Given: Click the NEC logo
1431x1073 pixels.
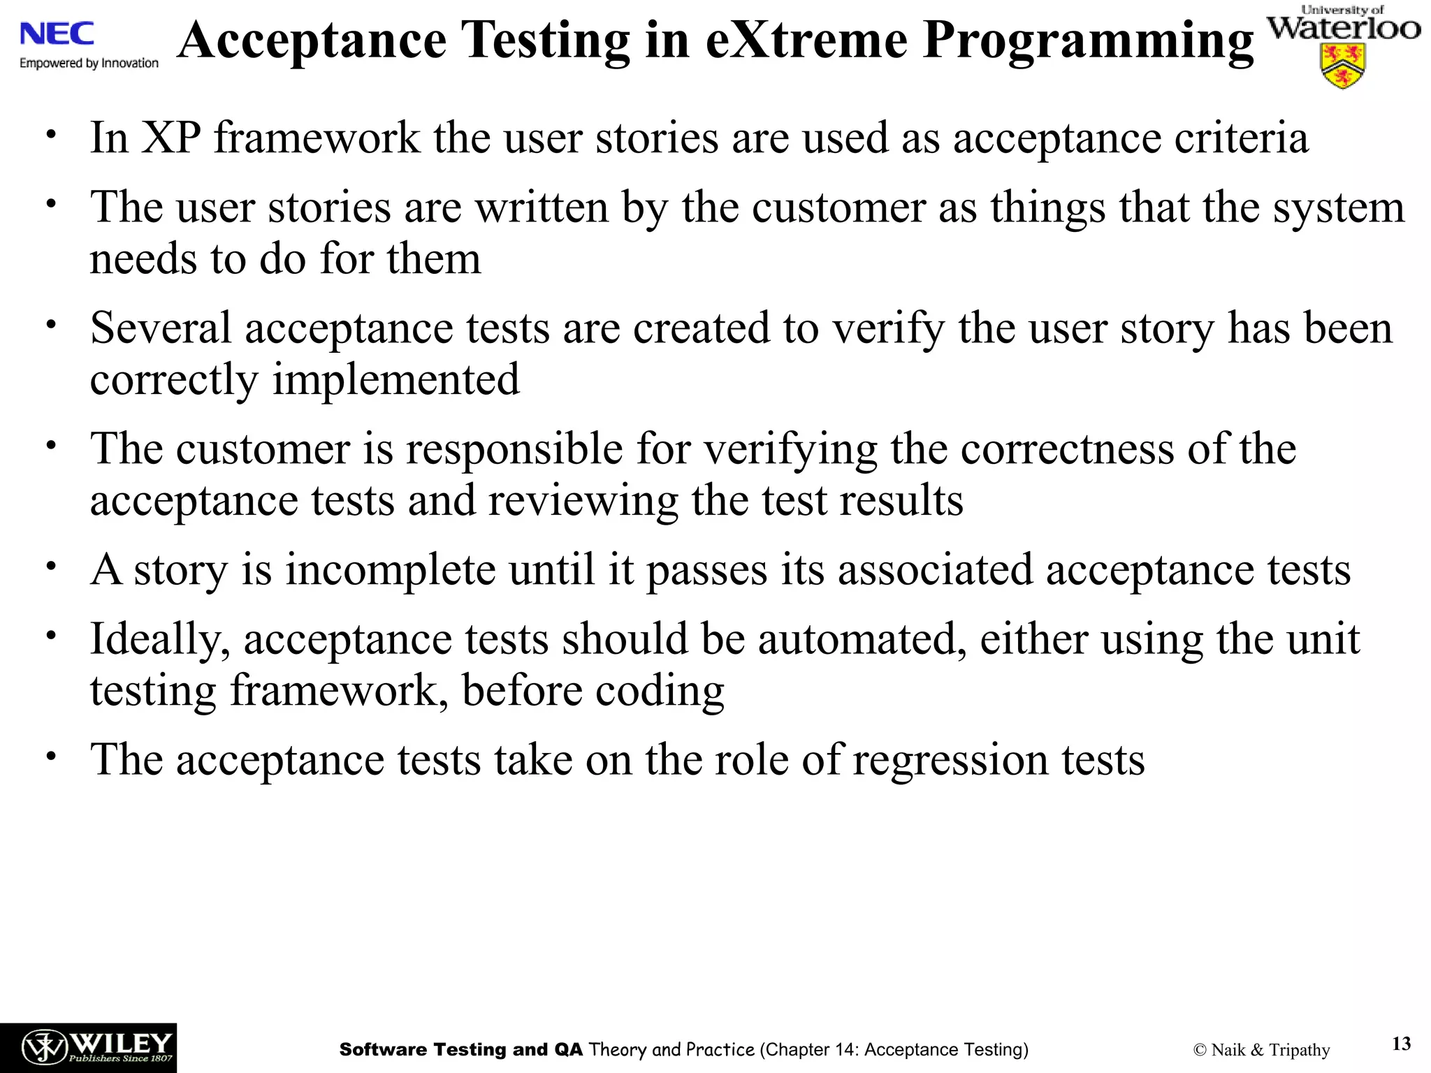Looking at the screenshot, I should pyautogui.click(x=57, y=34).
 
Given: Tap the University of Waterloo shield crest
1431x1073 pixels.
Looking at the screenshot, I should pyautogui.click(x=1342, y=66).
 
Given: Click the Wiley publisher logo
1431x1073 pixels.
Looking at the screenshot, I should pyautogui.click(x=88, y=1047).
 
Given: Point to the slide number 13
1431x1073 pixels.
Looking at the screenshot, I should pyautogui.click(x=1401, y=1044).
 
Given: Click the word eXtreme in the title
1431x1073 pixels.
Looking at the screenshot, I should pyautogui.click(x=806, y=41).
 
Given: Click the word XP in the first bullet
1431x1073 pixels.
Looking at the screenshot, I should pyautogui.click(x=171, y=138).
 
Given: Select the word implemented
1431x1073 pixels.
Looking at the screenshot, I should pyautogui.click(x=395, y=379).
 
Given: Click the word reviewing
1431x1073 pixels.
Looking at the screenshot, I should pyautogui.click(x=583, y=500).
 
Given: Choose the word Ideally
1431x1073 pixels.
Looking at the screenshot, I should pyautogui.click(x=160, y=639).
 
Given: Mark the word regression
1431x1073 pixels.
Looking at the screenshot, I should pyautogui.click(x=950, y=760).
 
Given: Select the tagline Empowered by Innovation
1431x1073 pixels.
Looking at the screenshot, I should pyautogui.click(x=89, y=63).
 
